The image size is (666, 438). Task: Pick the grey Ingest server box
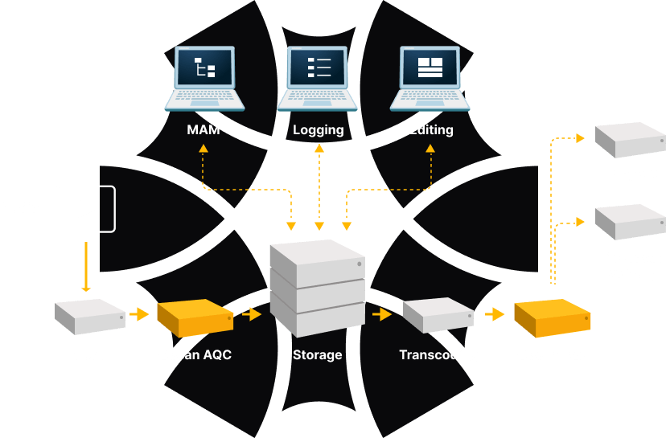point(90,317)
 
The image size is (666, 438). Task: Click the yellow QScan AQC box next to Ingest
point(195,317)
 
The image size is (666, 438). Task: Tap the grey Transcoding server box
point(437,316)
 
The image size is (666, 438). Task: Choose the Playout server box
point(630,141)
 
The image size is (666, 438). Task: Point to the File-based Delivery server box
point(630,222)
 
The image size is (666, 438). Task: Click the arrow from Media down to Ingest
point(85,265)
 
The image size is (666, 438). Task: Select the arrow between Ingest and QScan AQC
point(140,314)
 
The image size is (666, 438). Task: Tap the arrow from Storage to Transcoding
point(381,314)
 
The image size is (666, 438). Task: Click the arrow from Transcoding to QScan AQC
point(494,314)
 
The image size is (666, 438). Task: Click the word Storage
point(317,354)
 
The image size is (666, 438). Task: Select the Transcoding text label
point(438,354)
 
